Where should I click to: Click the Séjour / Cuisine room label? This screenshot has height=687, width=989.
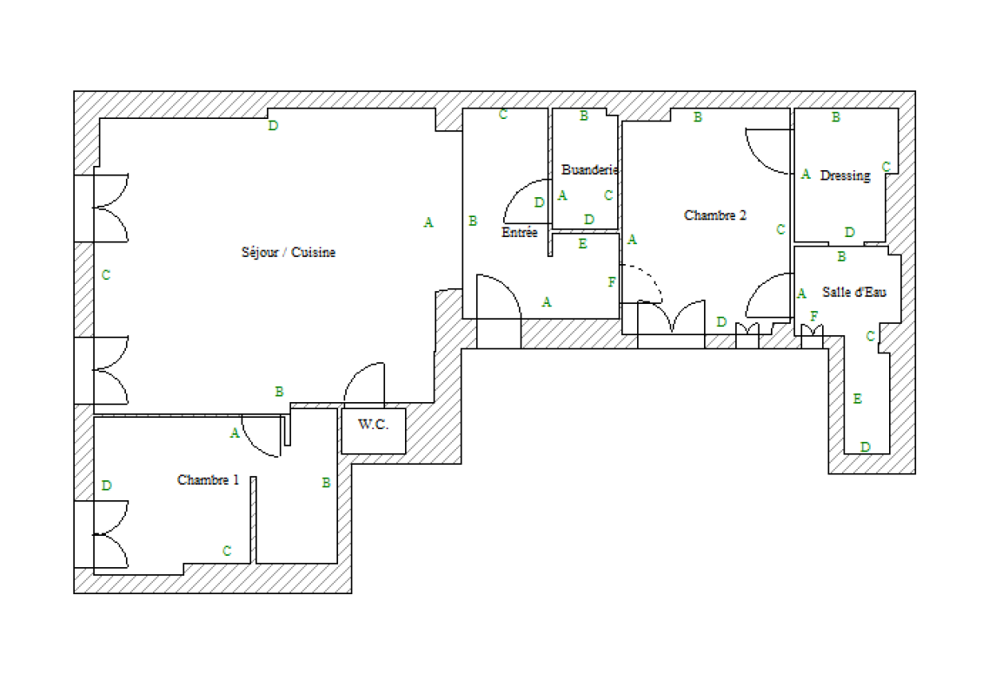tap(289, 252)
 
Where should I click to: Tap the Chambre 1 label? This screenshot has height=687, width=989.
tap(209, 480)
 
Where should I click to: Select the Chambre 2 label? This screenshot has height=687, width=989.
tap(715, 215)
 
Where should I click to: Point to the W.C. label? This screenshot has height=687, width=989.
tap(373, 424)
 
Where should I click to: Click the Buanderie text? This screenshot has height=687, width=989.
tap(589, 169)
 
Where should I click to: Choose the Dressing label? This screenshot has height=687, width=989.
tap(846, 175)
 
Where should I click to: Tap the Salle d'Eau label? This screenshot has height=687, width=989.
tap(854, 292)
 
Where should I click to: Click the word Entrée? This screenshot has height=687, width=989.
tap(519, 233)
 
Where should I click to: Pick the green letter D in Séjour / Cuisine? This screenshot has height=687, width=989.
tap(273, 126)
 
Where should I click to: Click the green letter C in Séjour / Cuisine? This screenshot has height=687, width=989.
tap(106, 274)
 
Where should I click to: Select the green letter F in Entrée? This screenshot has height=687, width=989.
tap(611, 282)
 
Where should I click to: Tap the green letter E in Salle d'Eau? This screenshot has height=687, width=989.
tap(857, 399)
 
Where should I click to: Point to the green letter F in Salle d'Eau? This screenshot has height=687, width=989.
tap(814, 316)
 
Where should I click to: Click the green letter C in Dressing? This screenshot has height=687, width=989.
tap(886, 167)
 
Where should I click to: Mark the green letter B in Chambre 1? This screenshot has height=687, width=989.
tap(326, 483)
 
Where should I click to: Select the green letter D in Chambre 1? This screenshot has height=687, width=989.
tap(107, 486)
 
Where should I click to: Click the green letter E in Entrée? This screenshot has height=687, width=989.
tap(583, 244)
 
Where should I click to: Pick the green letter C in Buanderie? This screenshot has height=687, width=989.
tap(608, 195)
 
